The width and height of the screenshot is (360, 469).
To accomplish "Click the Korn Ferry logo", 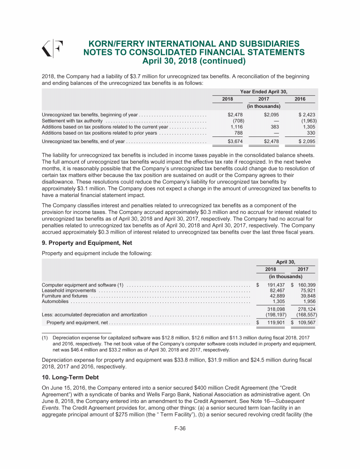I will coord(53,48).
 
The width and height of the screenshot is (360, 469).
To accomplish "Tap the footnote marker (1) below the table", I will coord(45,338).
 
